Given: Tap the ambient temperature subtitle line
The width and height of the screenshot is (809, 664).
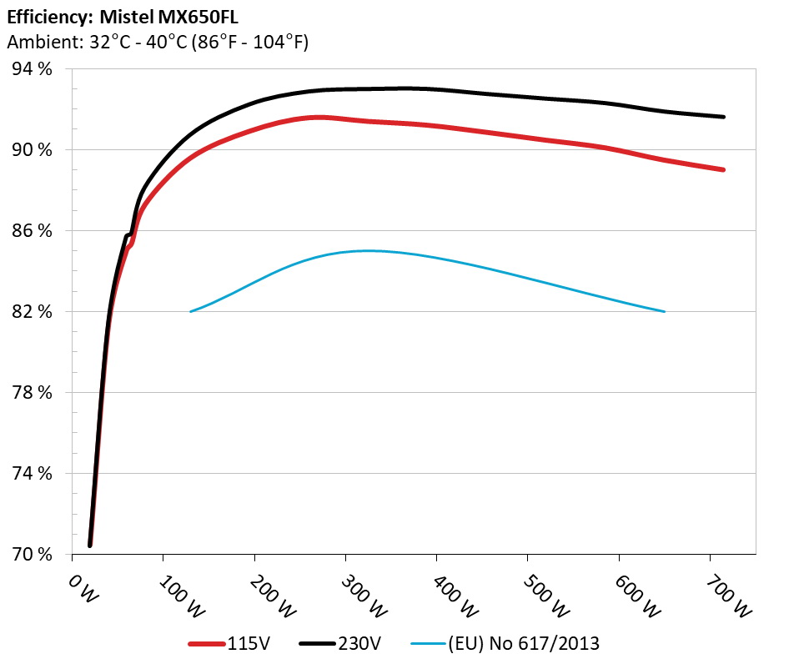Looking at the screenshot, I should tap(158, 43).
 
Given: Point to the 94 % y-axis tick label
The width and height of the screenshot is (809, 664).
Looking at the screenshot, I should tap(31, 69).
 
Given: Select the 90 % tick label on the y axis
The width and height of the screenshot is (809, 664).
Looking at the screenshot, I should tap(31, 150).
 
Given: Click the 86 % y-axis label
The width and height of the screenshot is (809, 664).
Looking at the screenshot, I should tap(31, 231).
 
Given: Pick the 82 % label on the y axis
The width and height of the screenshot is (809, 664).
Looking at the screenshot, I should tap(31, 312).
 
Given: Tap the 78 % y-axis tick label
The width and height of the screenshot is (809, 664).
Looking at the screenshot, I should tap(31, 393).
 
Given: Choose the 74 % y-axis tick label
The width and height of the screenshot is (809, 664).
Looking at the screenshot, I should tap(31, 474).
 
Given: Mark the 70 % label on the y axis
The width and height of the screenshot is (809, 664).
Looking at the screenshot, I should tap(31, 555).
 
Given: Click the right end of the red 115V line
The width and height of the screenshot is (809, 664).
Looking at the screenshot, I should tap(722, 169).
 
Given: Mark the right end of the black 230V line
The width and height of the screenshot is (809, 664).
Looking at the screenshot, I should tap(722, 117).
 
